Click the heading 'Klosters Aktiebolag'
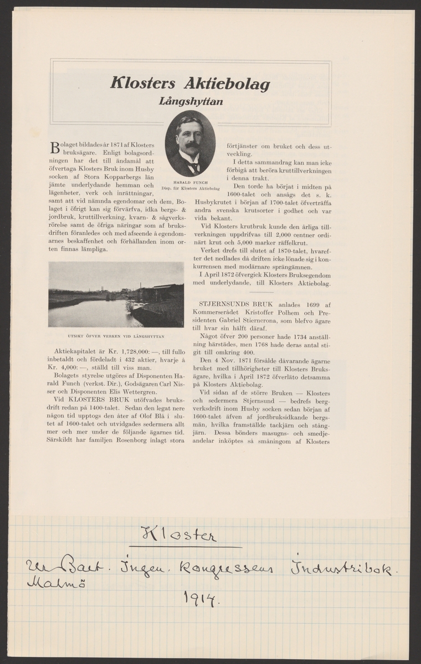pyautogui.click(x=191, y=84)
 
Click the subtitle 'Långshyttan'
pyautogui.click(x=191, y=101)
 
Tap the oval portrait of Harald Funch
pyautogui.click(x=190, y=143)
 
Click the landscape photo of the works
pyautogui.click(x=116, y=294)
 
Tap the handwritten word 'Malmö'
pyautogui.click(x=46, y=583)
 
